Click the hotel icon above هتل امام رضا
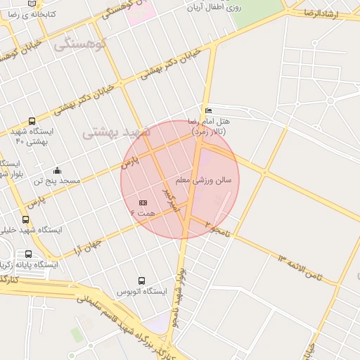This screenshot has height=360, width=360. point(207,111)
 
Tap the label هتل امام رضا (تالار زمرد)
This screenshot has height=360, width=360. point(214,126)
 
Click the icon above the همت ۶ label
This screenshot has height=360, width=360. point(143,202)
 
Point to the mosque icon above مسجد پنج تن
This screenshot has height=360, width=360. point(57,170)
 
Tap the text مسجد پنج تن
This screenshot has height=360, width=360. point(60,181)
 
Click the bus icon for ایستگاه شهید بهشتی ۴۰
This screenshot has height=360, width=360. point(32,121)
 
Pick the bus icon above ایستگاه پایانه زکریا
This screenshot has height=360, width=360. point(28,254)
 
